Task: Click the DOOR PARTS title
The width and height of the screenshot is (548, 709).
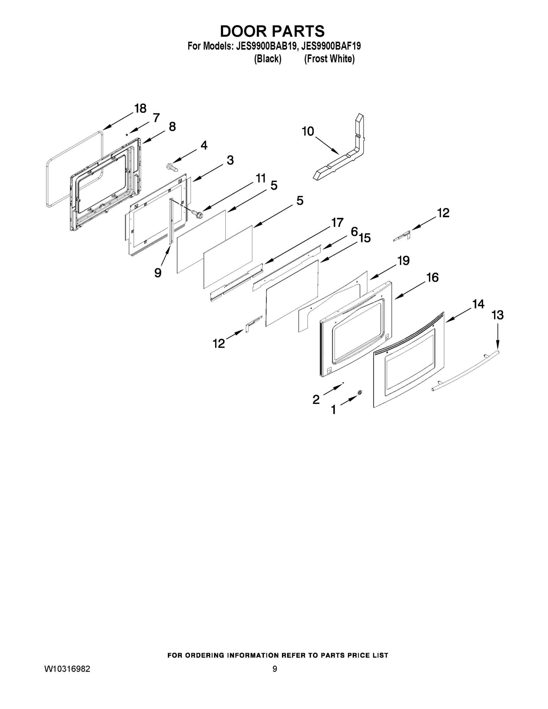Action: click(272, 31)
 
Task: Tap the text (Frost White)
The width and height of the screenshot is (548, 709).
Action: click(329, 59)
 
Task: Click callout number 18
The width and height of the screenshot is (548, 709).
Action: click(140, 108)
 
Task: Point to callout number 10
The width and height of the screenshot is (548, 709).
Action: click(308, 131)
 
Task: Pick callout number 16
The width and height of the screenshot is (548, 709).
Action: click(432, 278)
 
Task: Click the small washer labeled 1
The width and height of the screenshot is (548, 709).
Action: click(360, 393)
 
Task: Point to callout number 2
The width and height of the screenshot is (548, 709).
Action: click(316, 399)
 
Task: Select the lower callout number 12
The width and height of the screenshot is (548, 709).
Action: click(219, 344)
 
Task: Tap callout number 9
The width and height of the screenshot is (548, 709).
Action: click(158, 273)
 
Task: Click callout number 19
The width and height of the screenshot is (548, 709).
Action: click(404, 260)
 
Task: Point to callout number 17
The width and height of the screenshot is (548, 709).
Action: click(337, 223)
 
